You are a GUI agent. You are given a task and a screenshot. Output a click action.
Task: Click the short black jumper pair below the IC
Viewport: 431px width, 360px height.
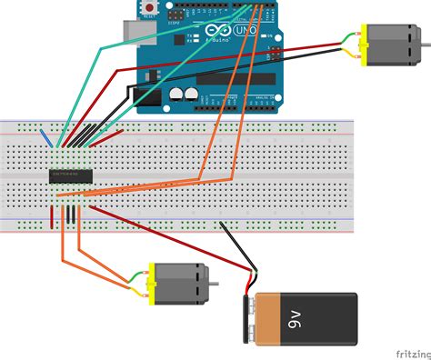pos(68,215)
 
